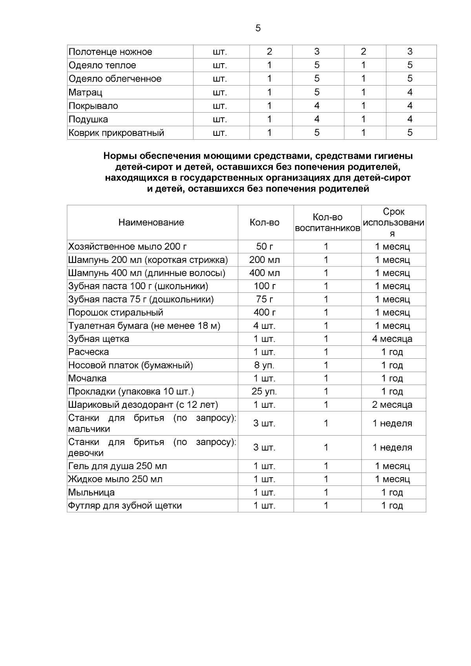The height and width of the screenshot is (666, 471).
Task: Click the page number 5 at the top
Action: point(258,28)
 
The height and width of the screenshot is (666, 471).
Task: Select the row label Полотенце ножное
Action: point(110,52)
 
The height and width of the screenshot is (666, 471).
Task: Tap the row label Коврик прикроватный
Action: point(116,133)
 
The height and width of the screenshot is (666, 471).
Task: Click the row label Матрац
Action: point(85,93)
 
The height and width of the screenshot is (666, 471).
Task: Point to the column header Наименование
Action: point(151,223)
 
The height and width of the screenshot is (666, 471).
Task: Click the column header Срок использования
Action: point(393,223)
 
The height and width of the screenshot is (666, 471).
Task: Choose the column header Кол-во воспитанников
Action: point(327,223)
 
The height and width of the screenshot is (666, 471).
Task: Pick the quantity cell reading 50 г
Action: point(265,247)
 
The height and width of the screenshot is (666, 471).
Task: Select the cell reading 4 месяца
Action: point(392,339)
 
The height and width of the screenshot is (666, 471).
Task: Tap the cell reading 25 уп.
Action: point(265,392)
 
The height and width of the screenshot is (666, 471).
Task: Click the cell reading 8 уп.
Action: point(265,365)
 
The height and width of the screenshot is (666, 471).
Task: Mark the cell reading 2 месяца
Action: point(392,405)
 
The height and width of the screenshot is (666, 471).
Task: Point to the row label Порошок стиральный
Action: point(116,313)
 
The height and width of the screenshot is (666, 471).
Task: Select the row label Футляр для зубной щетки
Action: point(125,506)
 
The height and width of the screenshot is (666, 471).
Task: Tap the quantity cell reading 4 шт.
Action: point(265,326)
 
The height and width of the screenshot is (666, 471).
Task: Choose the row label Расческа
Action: point(88,352)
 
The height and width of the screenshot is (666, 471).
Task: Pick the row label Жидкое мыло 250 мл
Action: point(115,479)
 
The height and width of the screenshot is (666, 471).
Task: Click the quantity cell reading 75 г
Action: point(265,299)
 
